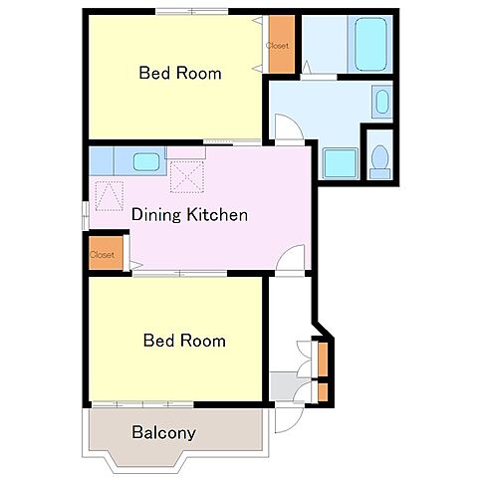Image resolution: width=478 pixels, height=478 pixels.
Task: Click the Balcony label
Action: click(163, 433)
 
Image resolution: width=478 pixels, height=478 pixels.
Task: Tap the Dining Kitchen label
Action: click(189, 215)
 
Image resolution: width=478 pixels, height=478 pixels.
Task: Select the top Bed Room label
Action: click(180, 73)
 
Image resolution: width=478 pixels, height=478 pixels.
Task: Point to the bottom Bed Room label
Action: click(184, 341)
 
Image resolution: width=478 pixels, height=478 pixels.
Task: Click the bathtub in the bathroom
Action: click(370, 44)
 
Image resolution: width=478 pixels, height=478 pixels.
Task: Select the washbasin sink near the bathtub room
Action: click(382, 102)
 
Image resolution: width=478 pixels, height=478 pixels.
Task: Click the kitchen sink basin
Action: click(146, 161)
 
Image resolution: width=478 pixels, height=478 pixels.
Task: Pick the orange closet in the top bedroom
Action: click(282, 44)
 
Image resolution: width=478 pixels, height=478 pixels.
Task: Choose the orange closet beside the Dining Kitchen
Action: click(106, 253)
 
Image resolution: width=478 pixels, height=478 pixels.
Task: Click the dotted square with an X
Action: click(187, 176)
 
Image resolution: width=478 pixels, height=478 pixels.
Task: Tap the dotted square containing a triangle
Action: click(110, 196)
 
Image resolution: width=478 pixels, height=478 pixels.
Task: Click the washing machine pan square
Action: click(341, 163)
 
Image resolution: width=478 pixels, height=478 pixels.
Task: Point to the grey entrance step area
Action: click(286, 386)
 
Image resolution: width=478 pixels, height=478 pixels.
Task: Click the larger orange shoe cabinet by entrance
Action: click(323, 359)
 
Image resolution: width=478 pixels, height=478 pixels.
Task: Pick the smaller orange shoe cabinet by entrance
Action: click(323, 392)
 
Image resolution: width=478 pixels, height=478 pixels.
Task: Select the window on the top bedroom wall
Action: click(192, 12)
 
